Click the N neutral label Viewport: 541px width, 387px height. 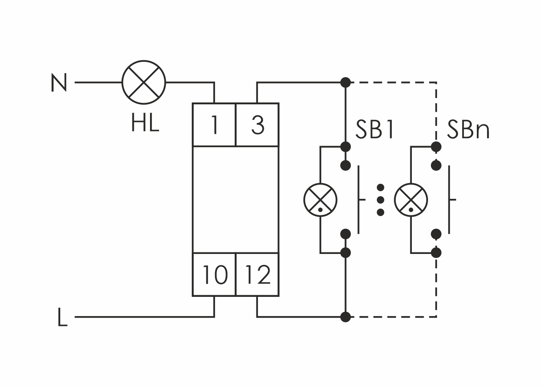pos(59,83)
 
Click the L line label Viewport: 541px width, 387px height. pos(62,317)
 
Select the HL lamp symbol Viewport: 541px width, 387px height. pos(144,83)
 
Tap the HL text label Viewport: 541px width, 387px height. pos(145,123)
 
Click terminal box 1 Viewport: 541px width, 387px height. pos(214,125)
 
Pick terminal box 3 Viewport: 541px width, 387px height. pos(257,125)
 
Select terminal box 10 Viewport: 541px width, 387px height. pos(214,274)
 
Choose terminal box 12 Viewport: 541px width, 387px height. pos(257,274)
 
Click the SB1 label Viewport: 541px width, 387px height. pos(374,129)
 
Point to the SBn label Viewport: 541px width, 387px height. pos(468,129)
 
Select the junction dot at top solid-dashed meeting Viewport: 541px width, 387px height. pos(345,83)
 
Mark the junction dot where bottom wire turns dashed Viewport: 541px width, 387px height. pos(345,316)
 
